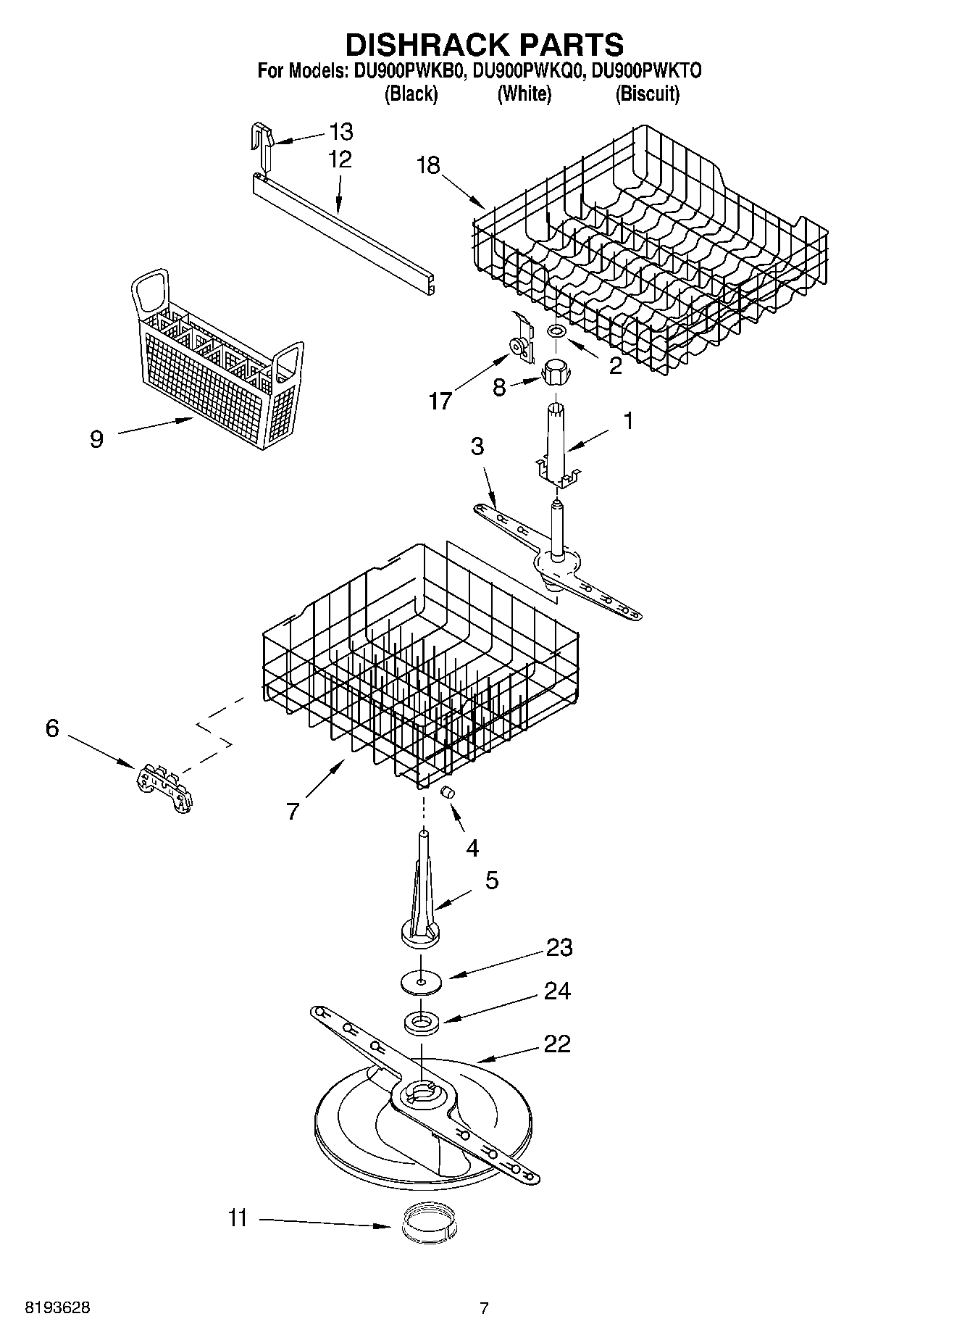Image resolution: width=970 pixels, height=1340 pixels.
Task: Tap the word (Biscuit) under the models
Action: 647,94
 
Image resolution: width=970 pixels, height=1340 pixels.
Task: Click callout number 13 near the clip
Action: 340,132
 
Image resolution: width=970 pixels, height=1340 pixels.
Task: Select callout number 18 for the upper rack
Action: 428,166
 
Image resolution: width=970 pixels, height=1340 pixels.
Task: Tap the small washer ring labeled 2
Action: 556,331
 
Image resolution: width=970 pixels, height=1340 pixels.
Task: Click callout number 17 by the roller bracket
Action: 440,400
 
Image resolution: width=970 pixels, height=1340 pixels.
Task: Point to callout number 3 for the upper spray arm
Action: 477,446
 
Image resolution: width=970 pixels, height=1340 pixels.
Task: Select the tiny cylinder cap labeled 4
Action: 448,792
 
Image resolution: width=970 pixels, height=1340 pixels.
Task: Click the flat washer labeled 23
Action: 421,983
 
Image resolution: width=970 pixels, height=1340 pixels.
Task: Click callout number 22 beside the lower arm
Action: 556,1044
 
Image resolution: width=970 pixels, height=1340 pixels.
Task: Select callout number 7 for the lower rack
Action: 293,811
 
